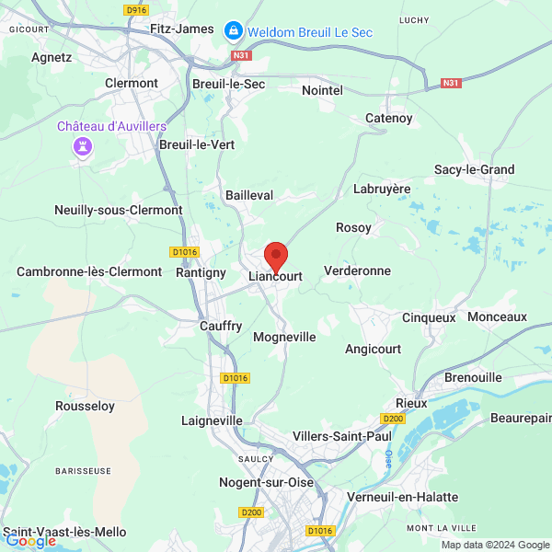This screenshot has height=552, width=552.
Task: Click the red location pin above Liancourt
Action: [276, 254]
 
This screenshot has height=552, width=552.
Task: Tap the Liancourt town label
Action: [276, 275]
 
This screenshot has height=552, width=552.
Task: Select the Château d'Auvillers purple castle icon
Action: [84, 147]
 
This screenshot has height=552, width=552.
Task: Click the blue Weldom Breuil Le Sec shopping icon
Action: [234, 32]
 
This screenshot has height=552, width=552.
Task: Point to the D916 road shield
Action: [135, 10]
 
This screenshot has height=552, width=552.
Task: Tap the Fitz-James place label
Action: [181, 29]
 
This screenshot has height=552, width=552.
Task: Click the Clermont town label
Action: [132, 83]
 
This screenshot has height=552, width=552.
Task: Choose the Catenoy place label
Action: [389, 118]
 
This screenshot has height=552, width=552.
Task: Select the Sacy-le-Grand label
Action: [475, 169]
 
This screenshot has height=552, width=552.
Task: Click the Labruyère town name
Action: [382, 189]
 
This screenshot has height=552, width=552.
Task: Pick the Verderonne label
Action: [358, 271]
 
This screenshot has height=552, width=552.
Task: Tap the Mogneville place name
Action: [284, 338]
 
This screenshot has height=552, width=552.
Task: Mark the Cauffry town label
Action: [221, 326]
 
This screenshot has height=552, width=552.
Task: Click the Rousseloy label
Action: [85, 406]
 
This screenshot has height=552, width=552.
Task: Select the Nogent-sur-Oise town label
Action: [266, 482]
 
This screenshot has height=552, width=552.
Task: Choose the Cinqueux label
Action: [430, 317]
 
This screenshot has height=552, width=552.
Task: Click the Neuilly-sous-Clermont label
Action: [119, 210]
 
